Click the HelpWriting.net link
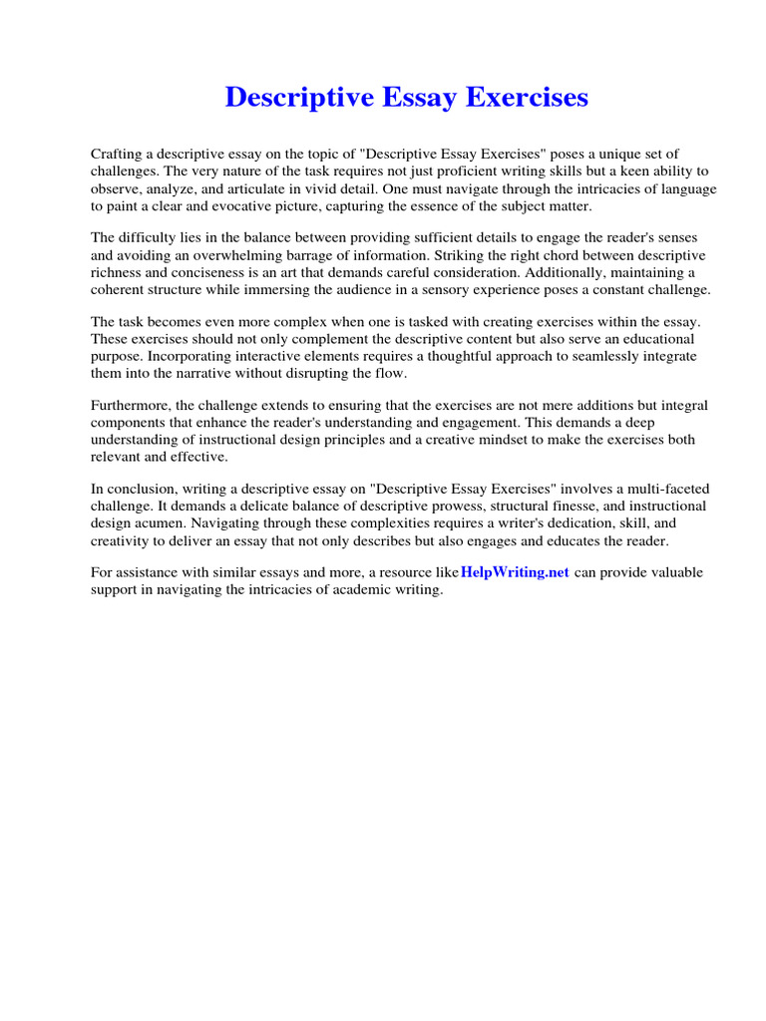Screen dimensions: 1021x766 coord(515,572)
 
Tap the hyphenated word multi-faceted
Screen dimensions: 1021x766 coord(652,490)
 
